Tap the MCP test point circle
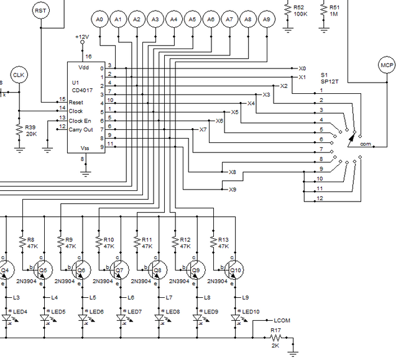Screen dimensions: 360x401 [386, 65]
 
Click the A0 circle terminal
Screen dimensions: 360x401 [99, 20]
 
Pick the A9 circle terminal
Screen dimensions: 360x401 [267, 20]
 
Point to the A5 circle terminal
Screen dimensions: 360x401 [192, 20]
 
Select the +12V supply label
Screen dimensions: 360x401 [81, 37]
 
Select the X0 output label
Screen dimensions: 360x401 [302, 68]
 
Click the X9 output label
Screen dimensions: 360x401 [233, 189]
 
